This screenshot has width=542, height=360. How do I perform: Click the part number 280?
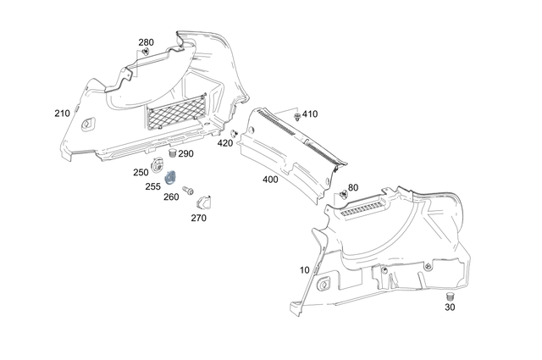coord(147,42)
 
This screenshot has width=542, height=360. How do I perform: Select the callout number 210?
coord(62,114)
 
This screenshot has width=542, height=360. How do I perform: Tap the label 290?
coord(185,154)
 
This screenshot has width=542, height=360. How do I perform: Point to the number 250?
coord(141,172)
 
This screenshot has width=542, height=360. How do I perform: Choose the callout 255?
coord(152,186)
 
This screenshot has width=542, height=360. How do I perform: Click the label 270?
coord(198,218)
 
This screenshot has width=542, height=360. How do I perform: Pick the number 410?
coord(310,114)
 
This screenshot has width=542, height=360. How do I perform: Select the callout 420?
coord(224,143)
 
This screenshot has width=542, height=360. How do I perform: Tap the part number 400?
coord(270,180)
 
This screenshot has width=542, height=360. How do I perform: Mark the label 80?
coord(352,187)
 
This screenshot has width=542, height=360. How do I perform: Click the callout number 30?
coord(449,307)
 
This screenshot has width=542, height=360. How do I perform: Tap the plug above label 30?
coord(451,296)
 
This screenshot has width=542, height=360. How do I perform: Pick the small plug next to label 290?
coord(172,154)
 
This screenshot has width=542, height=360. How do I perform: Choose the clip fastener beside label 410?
coord(296,115)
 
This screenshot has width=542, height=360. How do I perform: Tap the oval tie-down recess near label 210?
coord(88,125)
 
